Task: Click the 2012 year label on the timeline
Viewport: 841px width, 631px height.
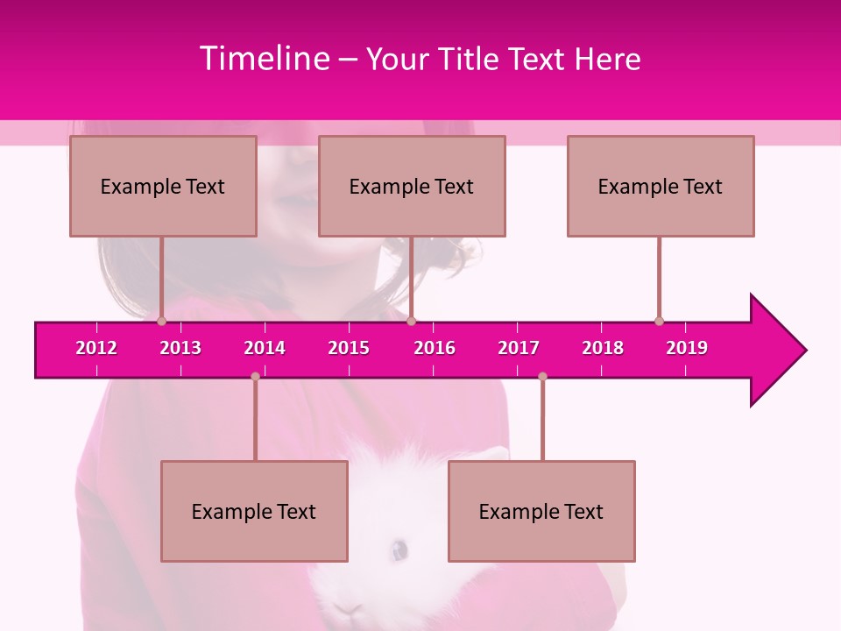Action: pyautogui.click(x=96, y=348)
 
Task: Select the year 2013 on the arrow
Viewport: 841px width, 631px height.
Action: pyautogui.click(x=180, y=348)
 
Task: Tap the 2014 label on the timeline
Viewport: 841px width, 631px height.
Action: pyautogui.click(x=265, y=348)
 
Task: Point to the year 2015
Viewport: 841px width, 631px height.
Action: pyautogui.click(x=349, y=348)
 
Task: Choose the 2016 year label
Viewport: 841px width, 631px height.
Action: pyautogui.click(x=435, y=348)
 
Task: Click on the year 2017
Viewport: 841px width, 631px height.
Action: pyautogui.click(x=519, y=348)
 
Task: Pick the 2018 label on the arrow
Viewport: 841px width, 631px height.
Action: pyautogui.click(x=603, y=348)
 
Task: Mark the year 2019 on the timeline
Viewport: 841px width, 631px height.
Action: pyautogui.click(x=687, y=348)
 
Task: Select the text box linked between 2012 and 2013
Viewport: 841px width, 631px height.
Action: pyautogui.click(x=163, y=186)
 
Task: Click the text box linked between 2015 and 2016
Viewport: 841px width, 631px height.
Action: pyautogui.click(x=412, y=186)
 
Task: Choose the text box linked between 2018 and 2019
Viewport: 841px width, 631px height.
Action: pyautogui.click(x=661, y=186)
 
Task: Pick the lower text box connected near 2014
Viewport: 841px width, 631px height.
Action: pyautogui.click(x=254, y=511)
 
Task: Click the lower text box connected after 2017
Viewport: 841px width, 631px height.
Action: pyautogui.click(x=541, y=511)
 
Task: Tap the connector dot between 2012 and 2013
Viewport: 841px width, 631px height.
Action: pyautogui.click(x=161, y=322)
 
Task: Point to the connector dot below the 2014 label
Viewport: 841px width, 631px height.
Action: pyautogui.click(x=255, y=376)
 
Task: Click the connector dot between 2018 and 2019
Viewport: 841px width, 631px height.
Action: pyautogui.click(x=659, y=321)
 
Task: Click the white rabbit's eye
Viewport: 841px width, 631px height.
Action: pyautogui.click(x=399, y=549)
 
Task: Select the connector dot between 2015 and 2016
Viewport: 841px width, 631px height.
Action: pyautogui.click(x=411, y=322)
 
